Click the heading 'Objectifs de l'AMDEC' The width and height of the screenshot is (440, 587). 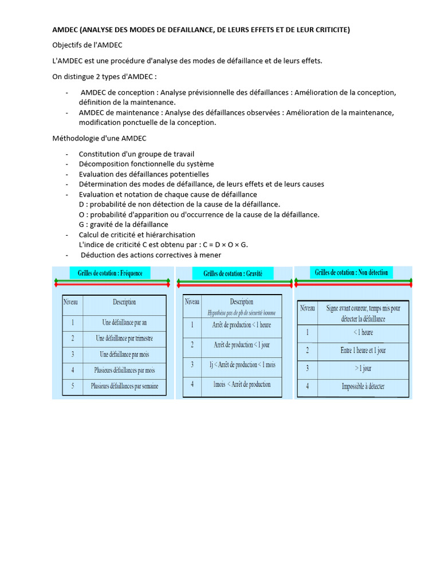pos(87,45)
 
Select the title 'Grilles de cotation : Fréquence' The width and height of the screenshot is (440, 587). pos(110,273)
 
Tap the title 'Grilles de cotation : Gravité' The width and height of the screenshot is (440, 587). pos(233,273)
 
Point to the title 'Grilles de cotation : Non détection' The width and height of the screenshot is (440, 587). pos(351,272)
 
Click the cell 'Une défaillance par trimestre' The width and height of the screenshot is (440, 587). pos(124,338)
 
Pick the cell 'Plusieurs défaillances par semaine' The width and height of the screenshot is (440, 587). pos(124,386)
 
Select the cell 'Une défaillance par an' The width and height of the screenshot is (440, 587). pos(124,322)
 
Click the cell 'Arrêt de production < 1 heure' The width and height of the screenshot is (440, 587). pos(242,325)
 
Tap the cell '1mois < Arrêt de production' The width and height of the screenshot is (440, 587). pos(242,384)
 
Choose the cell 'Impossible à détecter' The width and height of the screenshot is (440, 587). pos(363,386)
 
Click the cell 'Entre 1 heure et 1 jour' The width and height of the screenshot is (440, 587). pos(363,350)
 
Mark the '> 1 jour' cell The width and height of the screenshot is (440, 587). pos(363,368)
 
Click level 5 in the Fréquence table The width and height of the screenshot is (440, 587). pos(73,386)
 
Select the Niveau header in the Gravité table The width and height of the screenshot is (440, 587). pos(192,302)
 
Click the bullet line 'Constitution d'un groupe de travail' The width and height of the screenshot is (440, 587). pos(136,154)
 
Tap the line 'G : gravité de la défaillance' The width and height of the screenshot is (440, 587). pos(123,225)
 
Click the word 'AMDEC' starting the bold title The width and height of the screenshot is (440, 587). pos(65,29)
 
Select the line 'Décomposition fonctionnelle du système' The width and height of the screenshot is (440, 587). pos(146,164)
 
